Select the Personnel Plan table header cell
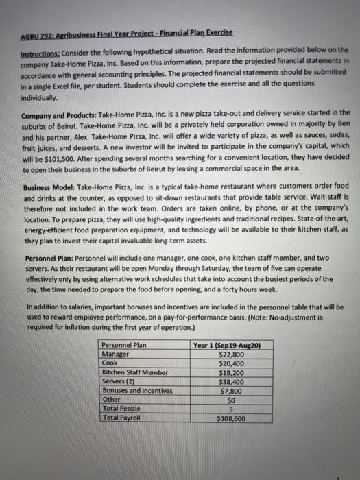123,344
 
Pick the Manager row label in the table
115,353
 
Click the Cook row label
110,362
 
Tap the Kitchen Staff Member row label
134,371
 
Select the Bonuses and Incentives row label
137,389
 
